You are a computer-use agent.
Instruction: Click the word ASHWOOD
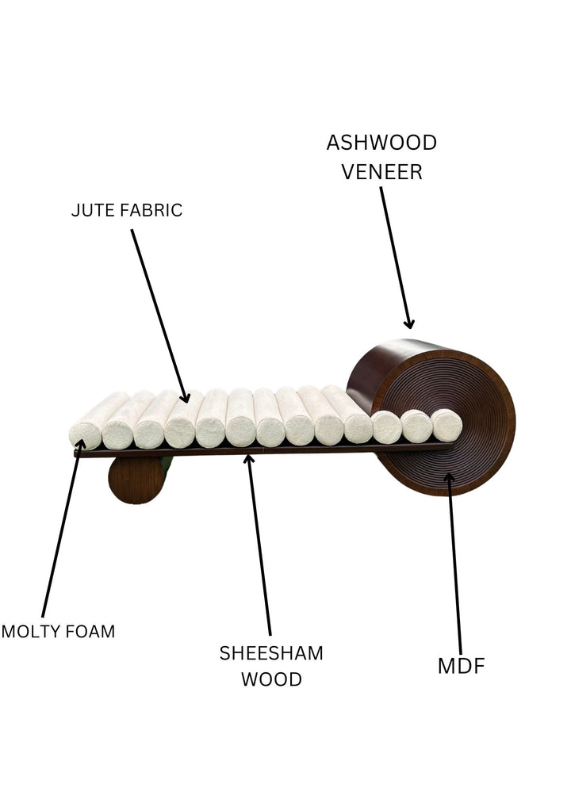(381, 143)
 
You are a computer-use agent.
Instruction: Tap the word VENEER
(381, 172)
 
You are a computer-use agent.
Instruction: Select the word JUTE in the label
(89, 210)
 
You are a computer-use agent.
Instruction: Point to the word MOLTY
(29, 632)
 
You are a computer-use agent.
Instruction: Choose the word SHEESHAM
(271, 653)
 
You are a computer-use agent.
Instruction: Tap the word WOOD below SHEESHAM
(271, 679)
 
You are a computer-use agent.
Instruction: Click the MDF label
(461, 667)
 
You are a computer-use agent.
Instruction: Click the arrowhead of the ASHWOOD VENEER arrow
(409, 323)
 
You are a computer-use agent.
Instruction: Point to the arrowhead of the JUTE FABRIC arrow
(186, 397)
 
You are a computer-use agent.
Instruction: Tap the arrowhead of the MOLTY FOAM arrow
(79, 445)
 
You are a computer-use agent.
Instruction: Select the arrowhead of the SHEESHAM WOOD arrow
(248, 458)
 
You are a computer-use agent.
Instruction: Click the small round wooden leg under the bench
(135, 480)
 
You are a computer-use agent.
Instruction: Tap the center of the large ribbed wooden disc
(444, 420)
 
